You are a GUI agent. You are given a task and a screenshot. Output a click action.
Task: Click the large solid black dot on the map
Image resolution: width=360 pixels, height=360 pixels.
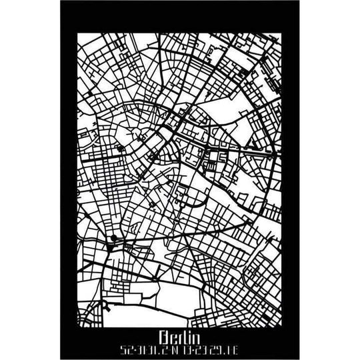(x=115, y=239)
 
